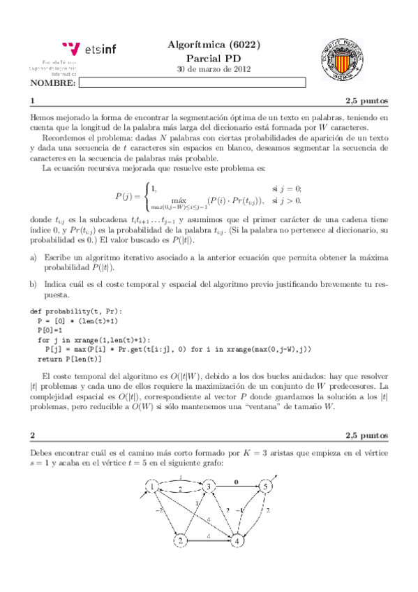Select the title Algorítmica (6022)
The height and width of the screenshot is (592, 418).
214,44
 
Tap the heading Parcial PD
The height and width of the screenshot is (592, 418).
214,57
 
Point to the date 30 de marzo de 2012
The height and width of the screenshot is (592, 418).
214,70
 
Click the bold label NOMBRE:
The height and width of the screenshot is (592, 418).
53,83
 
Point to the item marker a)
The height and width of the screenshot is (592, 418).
34,258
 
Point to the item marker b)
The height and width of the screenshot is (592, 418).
34,285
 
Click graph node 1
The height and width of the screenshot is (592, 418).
151,487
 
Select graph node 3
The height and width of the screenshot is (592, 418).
207,487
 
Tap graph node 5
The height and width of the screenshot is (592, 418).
265,486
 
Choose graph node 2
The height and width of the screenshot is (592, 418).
180,541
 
